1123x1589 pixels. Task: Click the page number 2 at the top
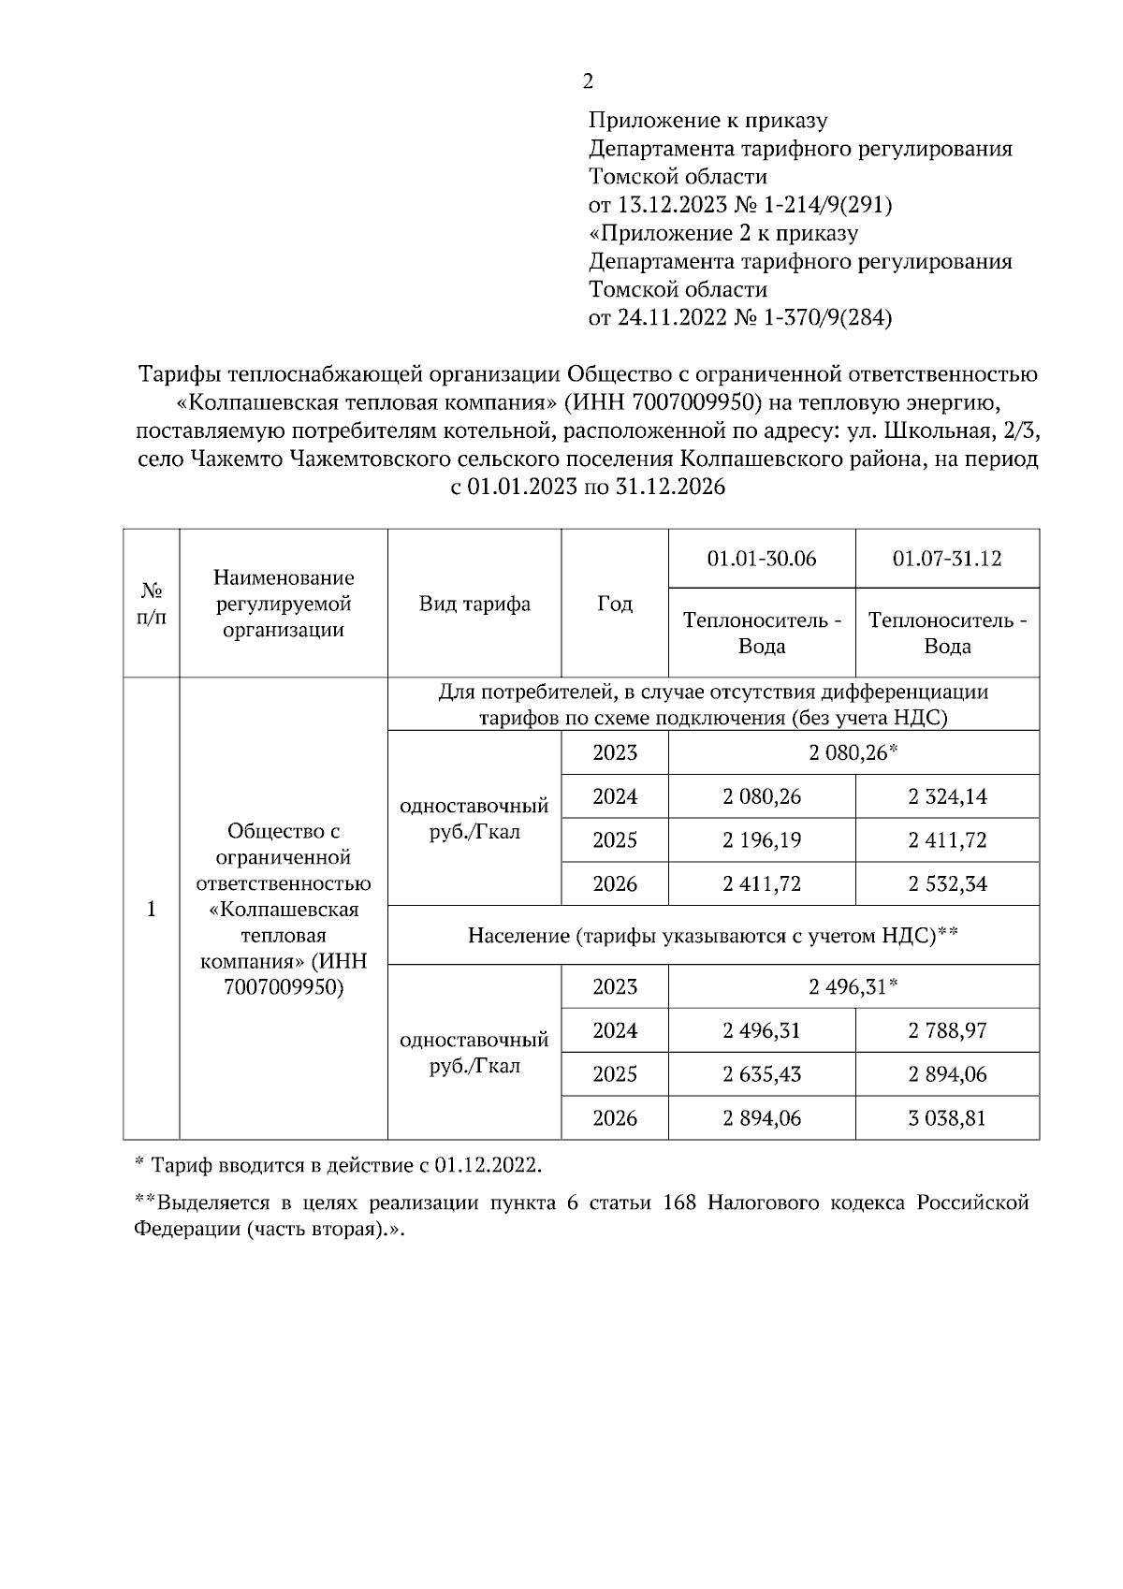coord(588,81)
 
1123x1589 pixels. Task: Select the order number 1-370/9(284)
coord(826,317)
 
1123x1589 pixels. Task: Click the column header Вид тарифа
coord(474,604)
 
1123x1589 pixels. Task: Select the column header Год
coord(614,604)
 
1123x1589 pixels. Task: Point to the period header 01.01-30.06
coord(761,559)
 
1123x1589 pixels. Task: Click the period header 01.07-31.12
coord(946,559)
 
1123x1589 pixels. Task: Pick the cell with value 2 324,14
coord(946,796)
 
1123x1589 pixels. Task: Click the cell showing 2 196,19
coord(761,839)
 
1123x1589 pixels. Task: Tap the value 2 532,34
coord(946,883)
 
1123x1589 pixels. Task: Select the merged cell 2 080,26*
coord(853,752)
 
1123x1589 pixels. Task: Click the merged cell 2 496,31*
coord(853,986)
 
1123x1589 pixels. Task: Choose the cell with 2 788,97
coord(946,1030)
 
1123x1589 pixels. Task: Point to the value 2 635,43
coord(761,1073)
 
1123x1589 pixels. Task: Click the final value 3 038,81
coord(946,1117)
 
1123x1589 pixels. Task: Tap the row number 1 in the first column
coord(151,909)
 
